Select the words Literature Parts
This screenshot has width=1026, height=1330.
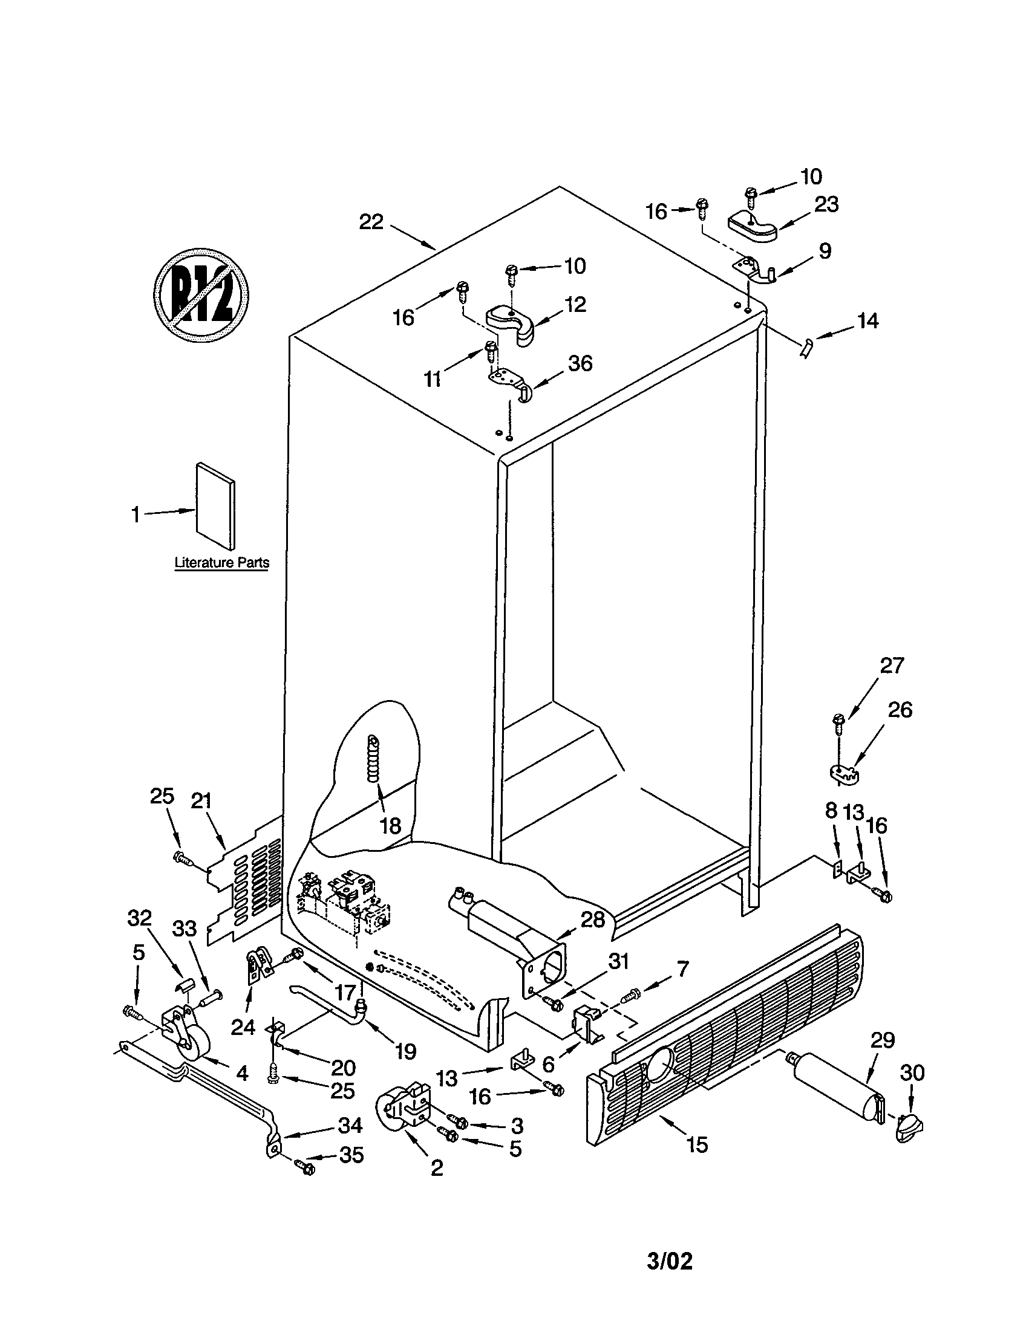coord(222,562)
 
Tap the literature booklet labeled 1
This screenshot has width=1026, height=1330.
coord(215,504)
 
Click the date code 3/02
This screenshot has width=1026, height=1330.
coord(670,1260)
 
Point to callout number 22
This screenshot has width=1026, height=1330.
coord(371,222)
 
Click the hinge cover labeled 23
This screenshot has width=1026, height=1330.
coord(753,226)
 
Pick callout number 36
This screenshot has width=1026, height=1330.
coord(580,363)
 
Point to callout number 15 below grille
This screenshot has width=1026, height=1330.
coord(697,1145)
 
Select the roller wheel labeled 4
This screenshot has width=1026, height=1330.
coord(194,1049)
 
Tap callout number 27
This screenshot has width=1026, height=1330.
coord(891,666)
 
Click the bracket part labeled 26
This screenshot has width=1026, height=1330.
coord(846,772)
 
